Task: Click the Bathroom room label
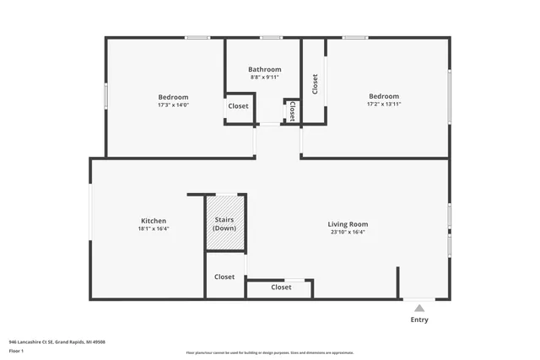pyautogui.click(x=264, y=69)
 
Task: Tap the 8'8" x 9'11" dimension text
pyautogui.click(x=264, y=78)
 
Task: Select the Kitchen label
pyautogui.click(x=154, y=221)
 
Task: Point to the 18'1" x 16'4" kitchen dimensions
pyautogui.click(x=154, y=229)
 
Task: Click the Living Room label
pyautogui.click(x=348, y=224)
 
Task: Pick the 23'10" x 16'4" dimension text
pyautogui.click(x=348, y=233)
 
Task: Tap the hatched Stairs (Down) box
pyautogui.click(x=224, y=223)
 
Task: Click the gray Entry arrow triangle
pyautogui.click(x=419, y=309)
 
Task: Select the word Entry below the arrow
pyautogui.click(x=419, y=320)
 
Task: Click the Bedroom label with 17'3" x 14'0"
pyautogui.click(x=173, y=97)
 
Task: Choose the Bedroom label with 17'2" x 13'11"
pyautogui.click(x=383, y=96)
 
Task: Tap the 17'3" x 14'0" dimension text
pyautogui.click(x=173, y=105)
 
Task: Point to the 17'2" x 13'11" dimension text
pyautogui.click(x=383, y=105)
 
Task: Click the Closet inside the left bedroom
pyautogui.click(x=238, y=106)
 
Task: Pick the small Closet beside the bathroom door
pyautogui.click(x=292, y=111)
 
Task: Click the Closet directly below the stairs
pyautogui.click(x=224, y=277)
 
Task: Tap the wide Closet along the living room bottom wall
pyautogui.click(x=281, y=287)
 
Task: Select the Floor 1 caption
pyautogui.click(x=16, y=350)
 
